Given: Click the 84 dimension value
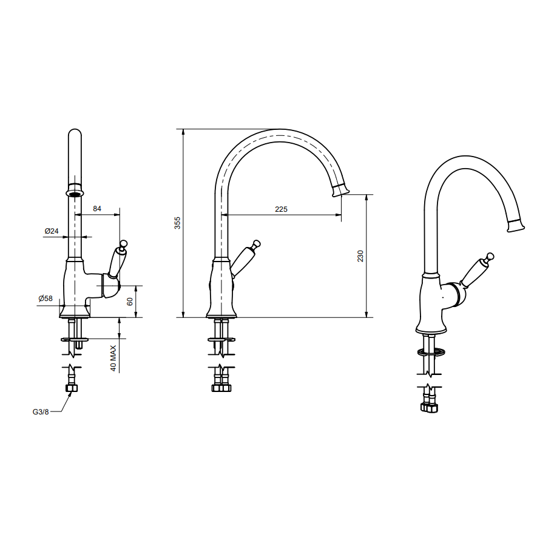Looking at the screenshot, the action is tap(97, 209).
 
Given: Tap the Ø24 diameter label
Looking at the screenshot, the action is tap(52, 231).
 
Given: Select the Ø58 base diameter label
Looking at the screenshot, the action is tap(46, 299).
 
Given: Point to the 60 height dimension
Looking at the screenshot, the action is tap(130, 302).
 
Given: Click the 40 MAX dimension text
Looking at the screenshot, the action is tap(113, 358).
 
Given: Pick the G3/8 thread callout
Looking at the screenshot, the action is tap(41, 412).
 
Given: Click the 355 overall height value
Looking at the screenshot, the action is tap(177, 223).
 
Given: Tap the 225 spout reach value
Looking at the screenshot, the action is tap(281, 209).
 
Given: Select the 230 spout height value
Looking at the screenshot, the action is tap(360, 256).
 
